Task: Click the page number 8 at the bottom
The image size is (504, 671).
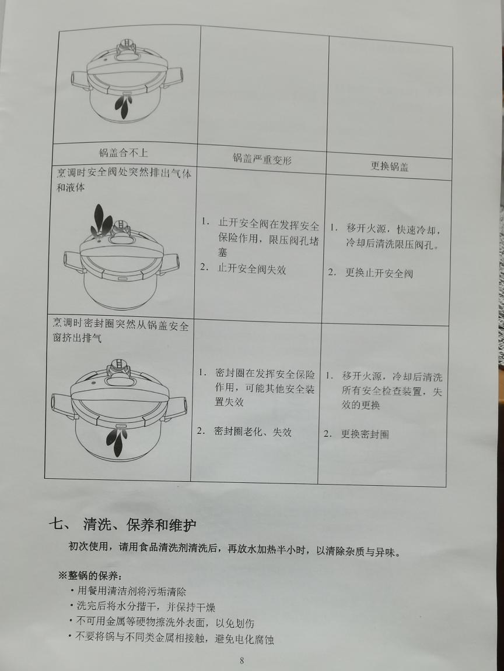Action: tap(242, 661)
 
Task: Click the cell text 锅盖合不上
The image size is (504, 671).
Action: tap(123, 153)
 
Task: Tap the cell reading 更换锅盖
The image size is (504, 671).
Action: tap(389, 166)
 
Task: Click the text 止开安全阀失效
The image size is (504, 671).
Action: tap(251, 269)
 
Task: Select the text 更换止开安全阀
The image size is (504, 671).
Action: tap(379, 273)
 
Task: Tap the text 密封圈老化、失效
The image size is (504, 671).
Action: tap(253, 432)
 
